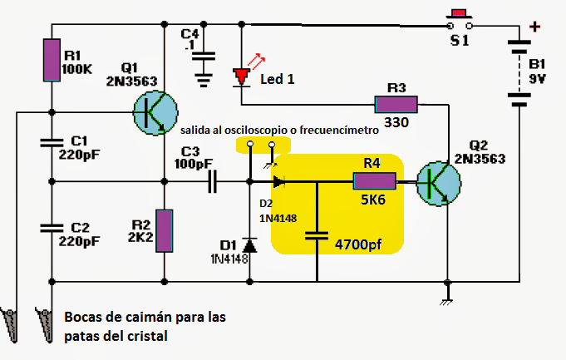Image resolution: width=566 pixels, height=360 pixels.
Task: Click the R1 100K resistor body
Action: point(52,60)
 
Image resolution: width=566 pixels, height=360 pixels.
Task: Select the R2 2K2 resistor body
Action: point(165,230)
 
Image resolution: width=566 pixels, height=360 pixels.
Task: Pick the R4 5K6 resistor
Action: point(375,180)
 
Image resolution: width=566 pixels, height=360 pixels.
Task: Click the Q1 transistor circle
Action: point(155,111)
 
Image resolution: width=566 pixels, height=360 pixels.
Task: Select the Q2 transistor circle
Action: point(438,180)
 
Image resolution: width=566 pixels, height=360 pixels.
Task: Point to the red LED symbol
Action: point(242,77)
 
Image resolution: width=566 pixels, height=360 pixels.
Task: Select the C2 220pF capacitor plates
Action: point(52,227)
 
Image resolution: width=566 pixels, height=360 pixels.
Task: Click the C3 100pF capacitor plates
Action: point(213,180)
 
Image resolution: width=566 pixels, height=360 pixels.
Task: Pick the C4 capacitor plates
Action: point(203,57)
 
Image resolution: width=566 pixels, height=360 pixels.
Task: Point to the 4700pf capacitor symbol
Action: point(317,237)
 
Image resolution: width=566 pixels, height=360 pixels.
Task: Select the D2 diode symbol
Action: point(278,180)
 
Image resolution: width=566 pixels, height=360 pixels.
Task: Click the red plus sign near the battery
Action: point(535,27)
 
